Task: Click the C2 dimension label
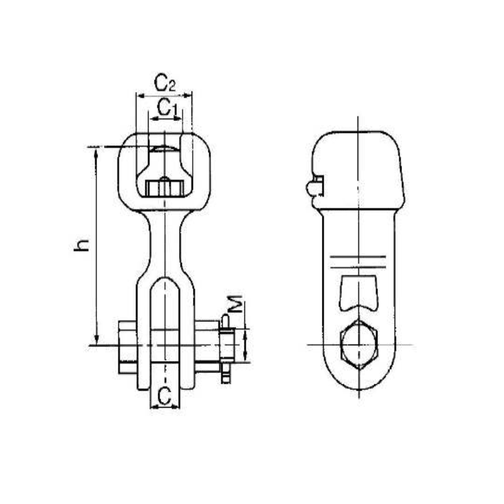coord(164,83)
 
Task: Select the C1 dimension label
coord(166,107)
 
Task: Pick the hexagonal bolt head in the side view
coord(358,345)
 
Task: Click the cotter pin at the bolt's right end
coord(226,350)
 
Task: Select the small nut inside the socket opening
coord(164,188)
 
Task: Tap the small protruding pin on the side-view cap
coord(312,187)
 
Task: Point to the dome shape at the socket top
coord(164,149)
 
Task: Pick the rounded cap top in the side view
coord(358,142)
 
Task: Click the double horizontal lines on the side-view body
coord(358,259)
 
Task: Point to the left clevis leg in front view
coord(144,334)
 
